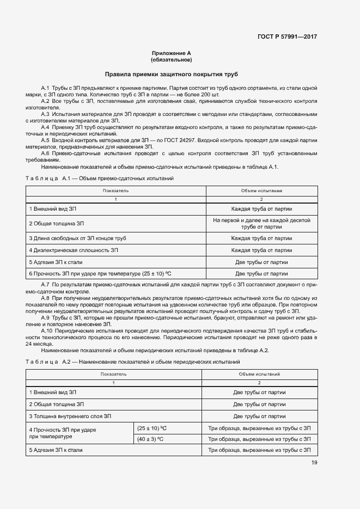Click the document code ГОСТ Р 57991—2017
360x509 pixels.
pos(287,36)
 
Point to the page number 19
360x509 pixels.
pos(314,463)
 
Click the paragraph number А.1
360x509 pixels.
pos(46,88)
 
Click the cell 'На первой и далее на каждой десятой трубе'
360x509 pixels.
pos(261,223)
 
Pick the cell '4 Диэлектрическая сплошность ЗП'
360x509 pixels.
pos(74,250)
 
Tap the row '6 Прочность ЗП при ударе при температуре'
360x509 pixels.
pos(103,274)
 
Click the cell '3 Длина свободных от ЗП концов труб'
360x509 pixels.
pos(77,238)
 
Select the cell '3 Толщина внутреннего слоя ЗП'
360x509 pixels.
pos(70,416)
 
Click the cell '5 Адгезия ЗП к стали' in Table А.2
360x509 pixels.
pos(56,450)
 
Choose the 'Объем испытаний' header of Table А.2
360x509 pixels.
pos(259,375)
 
